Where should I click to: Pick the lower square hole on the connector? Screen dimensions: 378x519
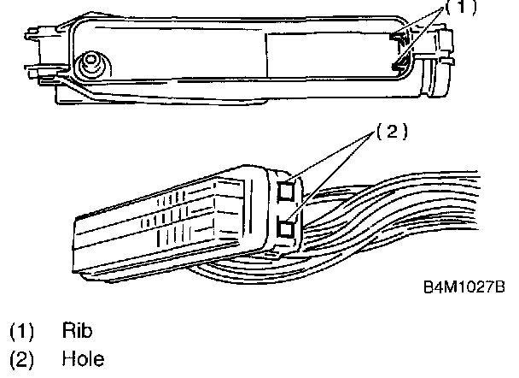(x=286, y=227)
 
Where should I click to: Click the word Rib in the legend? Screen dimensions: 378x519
(x=74, y=329)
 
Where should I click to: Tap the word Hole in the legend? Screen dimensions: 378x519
(x=82, y=359)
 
